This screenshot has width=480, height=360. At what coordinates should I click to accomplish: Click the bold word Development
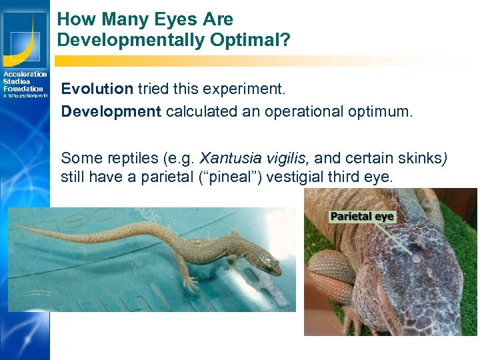(111, 111)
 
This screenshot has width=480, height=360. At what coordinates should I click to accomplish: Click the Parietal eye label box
(363, 217)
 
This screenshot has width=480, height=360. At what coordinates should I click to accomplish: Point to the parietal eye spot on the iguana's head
(415, 257)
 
